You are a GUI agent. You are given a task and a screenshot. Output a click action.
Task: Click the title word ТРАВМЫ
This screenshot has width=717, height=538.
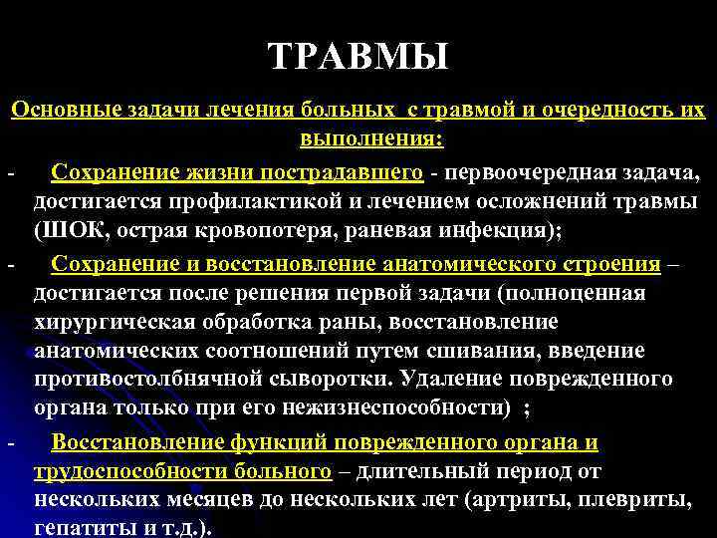[358, 56]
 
